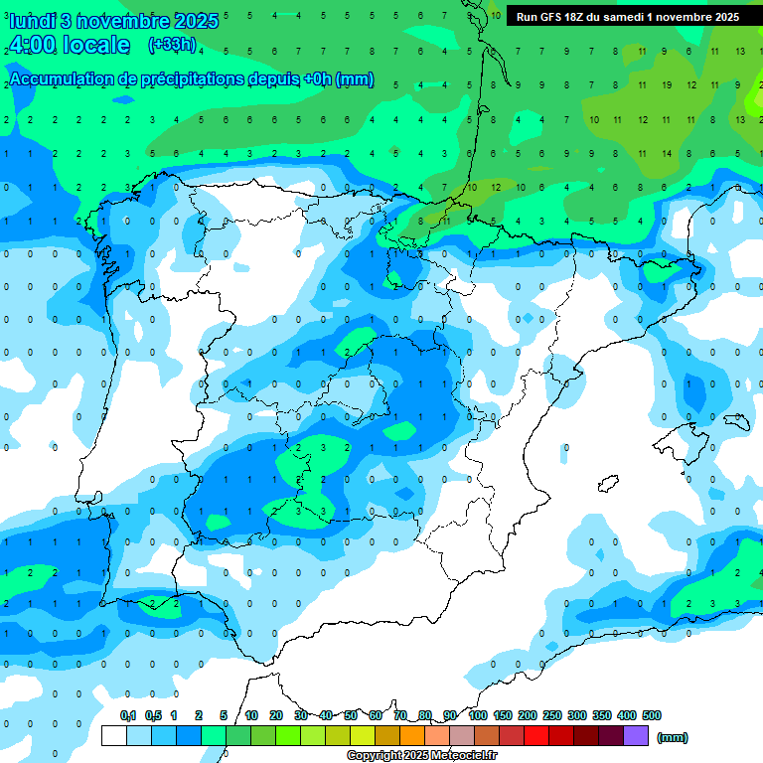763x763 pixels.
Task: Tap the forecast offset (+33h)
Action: (172, 45)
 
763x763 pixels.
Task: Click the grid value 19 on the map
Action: (667, 85)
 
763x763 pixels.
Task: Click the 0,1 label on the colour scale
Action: (128, 715)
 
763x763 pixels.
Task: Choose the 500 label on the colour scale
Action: (652, 715)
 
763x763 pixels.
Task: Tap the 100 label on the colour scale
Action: (478, 715)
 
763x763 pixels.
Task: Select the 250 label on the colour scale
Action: (552, 715)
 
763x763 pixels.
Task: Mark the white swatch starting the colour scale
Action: (114, 736)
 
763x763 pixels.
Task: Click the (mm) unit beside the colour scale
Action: (673, 737)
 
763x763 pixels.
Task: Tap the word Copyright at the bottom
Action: (375, 756)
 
